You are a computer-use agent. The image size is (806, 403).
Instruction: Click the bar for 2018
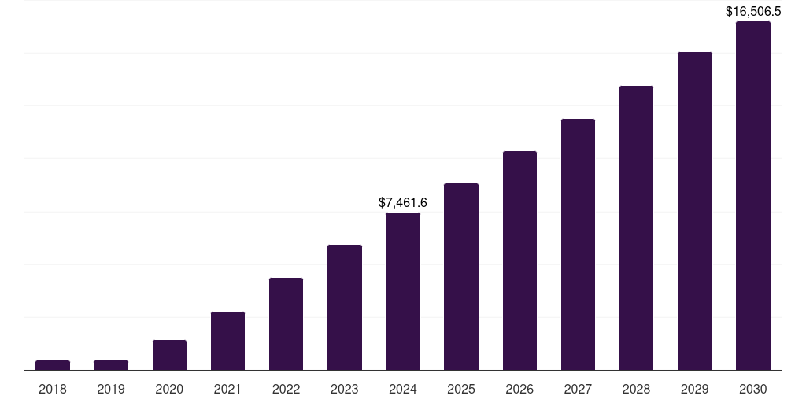(53, 365)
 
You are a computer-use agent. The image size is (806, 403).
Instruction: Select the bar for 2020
(169, 355)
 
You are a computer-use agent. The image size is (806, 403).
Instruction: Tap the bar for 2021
(227, 341)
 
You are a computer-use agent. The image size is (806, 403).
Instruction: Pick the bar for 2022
(286, 324)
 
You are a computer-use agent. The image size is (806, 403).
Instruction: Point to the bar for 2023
(345, 307)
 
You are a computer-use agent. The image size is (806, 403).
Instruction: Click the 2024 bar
(403, 291)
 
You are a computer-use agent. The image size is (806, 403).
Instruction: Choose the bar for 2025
(461, 276)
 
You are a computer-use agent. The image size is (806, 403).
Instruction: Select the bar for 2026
(519, 261)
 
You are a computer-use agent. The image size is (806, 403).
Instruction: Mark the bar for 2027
(578, 244)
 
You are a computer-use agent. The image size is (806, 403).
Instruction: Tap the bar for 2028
(636, 227)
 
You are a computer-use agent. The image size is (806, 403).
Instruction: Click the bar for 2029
(695, 211)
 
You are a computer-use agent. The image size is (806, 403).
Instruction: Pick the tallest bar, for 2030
(753, 195)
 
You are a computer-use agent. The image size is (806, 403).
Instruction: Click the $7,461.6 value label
(403, 203)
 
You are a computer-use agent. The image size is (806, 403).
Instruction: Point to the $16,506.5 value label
(753, 12)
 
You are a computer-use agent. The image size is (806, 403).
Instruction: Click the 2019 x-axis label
(111, 389)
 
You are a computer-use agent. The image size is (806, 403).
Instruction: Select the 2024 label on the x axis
(403, 389)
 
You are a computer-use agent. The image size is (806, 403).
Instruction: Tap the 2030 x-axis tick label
(753, 389)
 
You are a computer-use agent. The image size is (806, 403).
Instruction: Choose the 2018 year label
(53, 389)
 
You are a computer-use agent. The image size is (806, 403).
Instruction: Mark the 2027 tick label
(578, 389)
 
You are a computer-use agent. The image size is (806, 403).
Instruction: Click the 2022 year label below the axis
(286, 389)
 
